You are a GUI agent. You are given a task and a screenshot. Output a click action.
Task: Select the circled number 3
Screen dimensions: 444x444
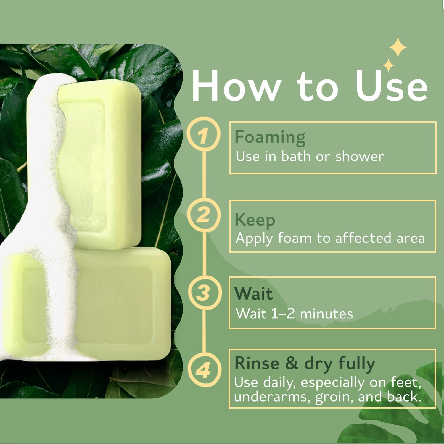[204, 292]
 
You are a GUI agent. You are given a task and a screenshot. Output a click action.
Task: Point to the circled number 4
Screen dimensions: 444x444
[204, 370]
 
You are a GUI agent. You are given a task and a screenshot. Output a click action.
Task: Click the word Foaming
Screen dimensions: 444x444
[270, 138]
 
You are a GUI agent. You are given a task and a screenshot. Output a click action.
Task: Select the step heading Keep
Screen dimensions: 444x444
[255, 221]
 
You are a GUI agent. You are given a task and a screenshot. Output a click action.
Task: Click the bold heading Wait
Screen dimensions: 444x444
[254, 294]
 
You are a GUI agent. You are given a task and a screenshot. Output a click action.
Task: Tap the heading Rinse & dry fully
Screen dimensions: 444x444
[305, 364]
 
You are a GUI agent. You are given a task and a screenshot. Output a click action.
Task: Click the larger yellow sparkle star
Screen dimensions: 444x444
[398, 47]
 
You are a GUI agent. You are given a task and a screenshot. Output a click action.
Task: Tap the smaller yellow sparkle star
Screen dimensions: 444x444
[388, 65]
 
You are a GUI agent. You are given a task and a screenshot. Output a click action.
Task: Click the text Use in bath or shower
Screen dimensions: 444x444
[310, 156]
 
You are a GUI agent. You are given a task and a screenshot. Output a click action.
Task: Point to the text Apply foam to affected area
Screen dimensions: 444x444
[330, 238]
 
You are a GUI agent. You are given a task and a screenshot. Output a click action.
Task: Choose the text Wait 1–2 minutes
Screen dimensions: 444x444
[294, 314]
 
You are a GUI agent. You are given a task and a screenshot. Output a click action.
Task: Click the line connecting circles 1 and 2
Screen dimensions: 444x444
[204, 174]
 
